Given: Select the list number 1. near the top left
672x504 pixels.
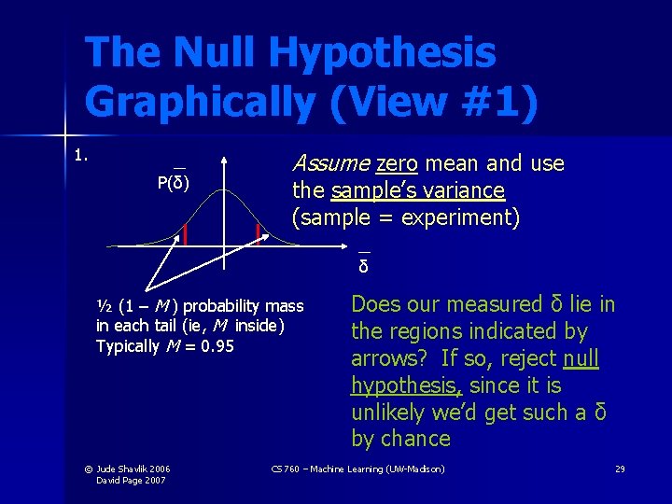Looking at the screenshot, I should pos(81,155).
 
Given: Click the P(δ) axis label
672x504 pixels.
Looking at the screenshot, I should pos(173,182).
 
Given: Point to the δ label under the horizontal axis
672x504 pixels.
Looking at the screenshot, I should pos(364,267).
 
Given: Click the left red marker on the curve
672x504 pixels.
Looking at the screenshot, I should pos(186,233).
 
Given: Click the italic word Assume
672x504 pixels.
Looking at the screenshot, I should pos(330,164).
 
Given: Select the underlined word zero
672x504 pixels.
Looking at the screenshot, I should pos(397,164).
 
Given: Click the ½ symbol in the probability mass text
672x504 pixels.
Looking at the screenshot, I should pos(104,306).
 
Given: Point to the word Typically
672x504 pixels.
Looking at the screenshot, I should pos(128,347).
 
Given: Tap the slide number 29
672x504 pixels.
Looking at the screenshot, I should pos(620,468).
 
